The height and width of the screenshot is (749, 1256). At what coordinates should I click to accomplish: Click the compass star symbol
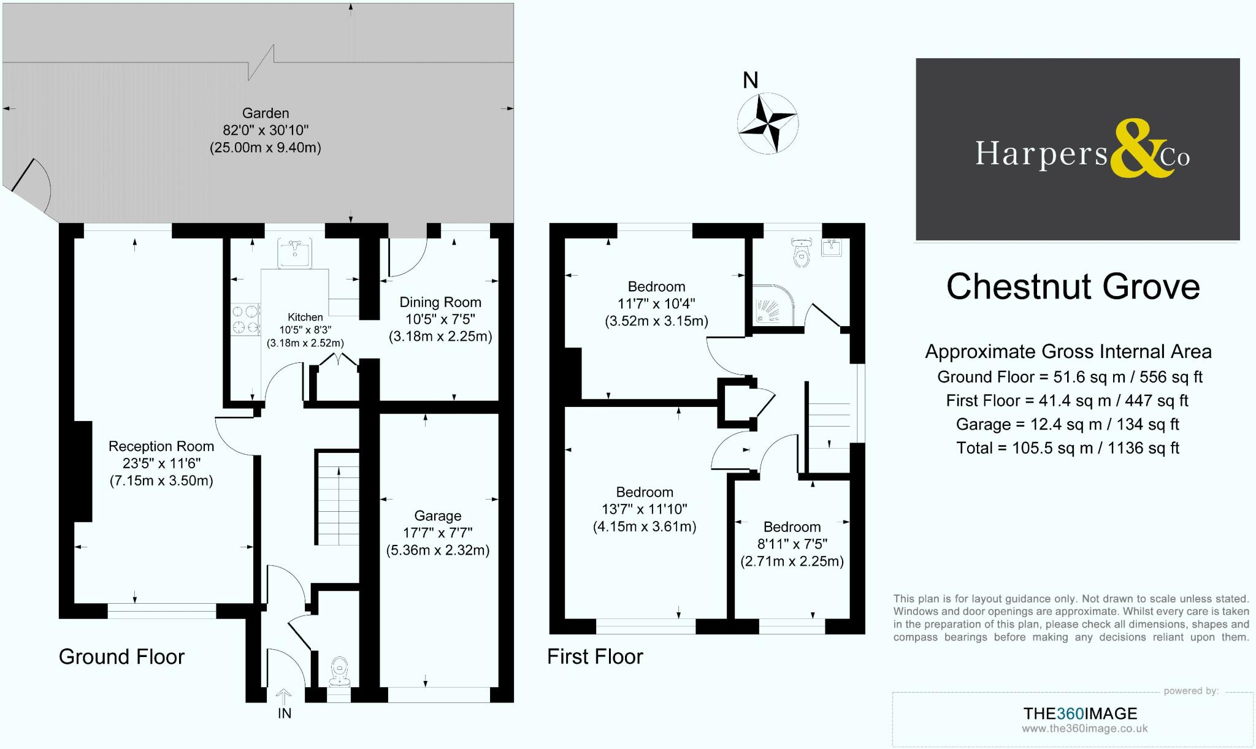click(767, 123)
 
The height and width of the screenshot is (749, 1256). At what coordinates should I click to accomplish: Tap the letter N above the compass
click(751, 80)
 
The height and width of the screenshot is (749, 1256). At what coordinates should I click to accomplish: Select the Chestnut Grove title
click(1073, 286)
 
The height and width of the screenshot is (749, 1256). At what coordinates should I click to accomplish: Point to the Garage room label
click(437, 516)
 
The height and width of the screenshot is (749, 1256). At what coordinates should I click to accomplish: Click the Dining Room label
click(440, 302)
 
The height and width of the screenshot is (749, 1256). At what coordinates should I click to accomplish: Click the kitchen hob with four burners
click(246, 319)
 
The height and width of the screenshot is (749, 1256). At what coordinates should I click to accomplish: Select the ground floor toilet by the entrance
click(339, 671)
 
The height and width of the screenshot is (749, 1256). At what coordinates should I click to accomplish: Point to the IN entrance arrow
click(283, 697)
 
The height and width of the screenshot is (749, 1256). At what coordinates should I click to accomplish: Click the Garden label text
click(266, 113)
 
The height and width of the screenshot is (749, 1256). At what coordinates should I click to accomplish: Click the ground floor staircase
click(337, 498)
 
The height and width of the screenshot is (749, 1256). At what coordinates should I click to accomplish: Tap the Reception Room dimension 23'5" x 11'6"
click(161, 463)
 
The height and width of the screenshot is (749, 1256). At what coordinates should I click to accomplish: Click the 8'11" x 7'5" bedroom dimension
click(792, 544)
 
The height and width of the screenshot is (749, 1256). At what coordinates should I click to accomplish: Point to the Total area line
click(1068, 448)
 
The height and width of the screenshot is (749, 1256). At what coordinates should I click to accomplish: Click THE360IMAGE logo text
click(1080, 713)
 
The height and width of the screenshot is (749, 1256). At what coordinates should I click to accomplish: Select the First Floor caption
click(595, 656)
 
